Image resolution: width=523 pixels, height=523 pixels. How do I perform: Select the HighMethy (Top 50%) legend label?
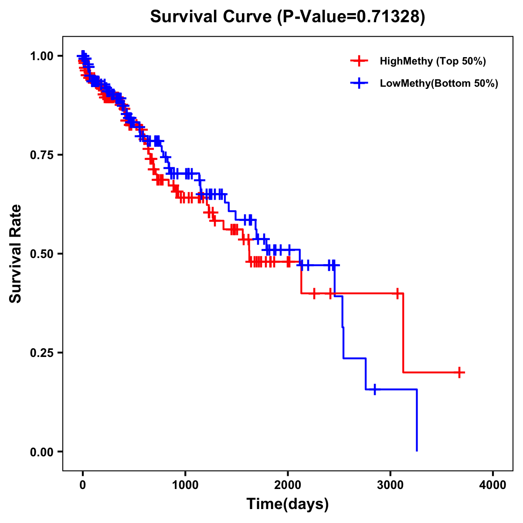pyautogui.click(x=432, y=61)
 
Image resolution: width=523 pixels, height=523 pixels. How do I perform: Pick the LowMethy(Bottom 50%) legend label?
pyautogui.click(x=438, y=83)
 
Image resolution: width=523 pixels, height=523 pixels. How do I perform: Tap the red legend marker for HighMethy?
pyautogui.click(x=359, y=61)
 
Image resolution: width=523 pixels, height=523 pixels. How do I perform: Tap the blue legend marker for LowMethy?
pyautogui.click(x=359, y=83)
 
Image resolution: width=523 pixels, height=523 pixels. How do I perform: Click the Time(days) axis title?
pyautogui.click(x=288, y=504)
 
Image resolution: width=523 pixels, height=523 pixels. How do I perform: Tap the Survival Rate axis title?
pyautogui.click(x=16, y=254)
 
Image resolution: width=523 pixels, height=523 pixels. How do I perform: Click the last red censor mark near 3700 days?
pyautogui.click(x=459, y=373)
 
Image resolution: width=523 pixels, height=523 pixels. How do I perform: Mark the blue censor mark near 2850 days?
pyautogui.click(x=374, y=389)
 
